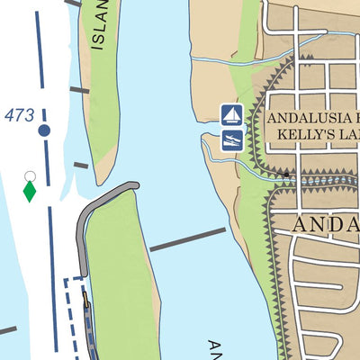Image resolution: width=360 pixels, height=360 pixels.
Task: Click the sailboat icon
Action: [232, 114]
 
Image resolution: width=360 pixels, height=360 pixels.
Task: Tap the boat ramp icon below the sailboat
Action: [232, 139]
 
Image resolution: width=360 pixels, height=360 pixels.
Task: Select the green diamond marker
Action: [30, 192]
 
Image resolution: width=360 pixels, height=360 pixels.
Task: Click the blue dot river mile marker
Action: [44, 130]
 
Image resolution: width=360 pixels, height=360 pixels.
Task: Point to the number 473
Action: [20, 115]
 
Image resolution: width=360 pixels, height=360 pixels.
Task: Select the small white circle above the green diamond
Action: [30, 175]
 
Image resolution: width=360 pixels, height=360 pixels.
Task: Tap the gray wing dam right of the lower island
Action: [187, 239]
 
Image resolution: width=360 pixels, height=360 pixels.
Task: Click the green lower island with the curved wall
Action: [121, 279]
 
